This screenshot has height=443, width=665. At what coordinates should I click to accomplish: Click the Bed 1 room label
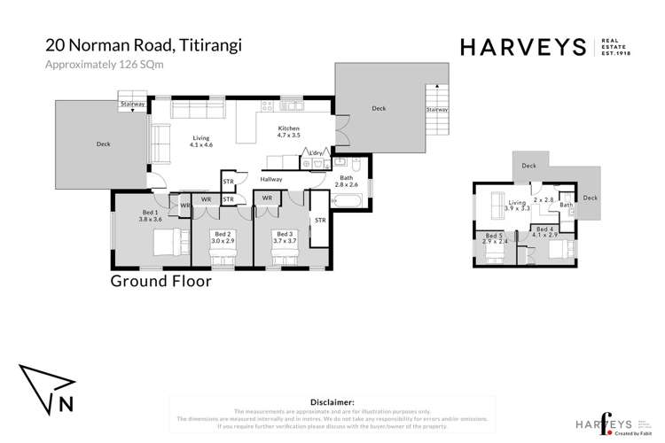click(151, 216)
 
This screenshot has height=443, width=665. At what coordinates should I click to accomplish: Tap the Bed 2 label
click(223, 237)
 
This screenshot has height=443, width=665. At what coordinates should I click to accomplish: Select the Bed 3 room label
click(284, 237)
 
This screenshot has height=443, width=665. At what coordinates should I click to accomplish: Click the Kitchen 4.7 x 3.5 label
click(291, 133)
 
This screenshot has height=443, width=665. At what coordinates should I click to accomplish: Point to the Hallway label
click(270, 179)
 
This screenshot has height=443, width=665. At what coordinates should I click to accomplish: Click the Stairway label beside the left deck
click(132, 104)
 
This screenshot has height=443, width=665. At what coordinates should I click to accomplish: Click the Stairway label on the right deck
click(436, 110)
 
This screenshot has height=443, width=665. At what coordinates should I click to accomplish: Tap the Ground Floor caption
click(160, 282)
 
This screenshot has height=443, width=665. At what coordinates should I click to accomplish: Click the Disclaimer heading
click(329, 400)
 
